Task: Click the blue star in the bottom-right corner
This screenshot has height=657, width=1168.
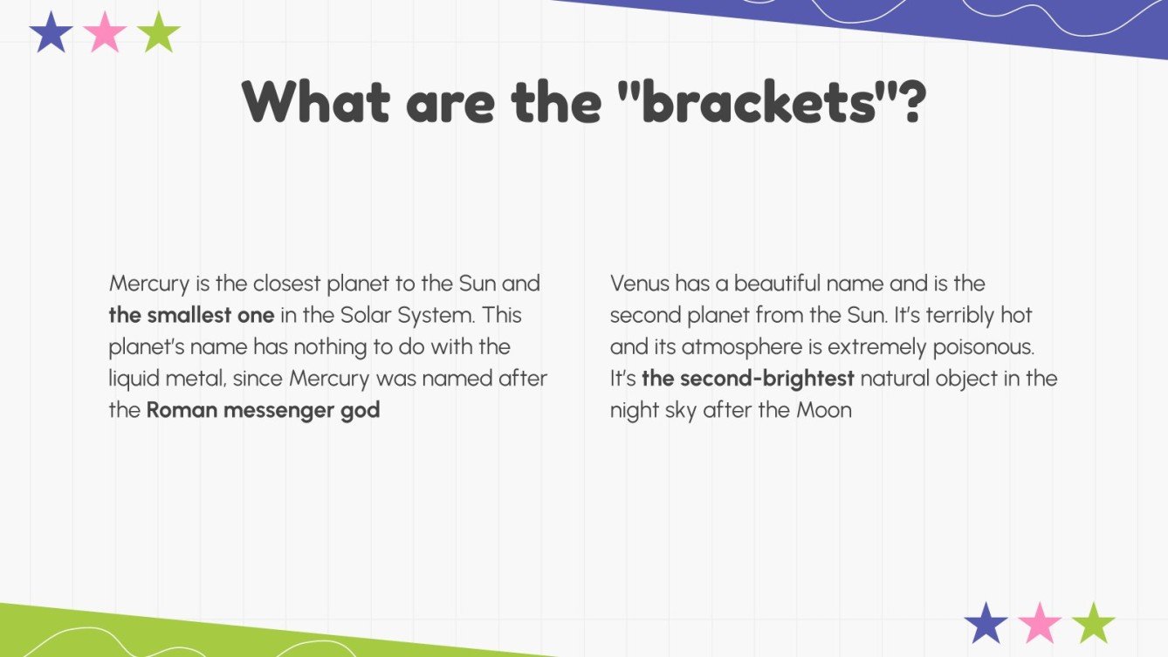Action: (986, 623)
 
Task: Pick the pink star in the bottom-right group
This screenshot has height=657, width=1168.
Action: (1040, 623)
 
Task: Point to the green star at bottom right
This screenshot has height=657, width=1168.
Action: (1094, 623)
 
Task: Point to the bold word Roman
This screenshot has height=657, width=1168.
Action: (181, 409)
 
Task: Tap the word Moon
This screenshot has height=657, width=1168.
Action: (823, 410)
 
